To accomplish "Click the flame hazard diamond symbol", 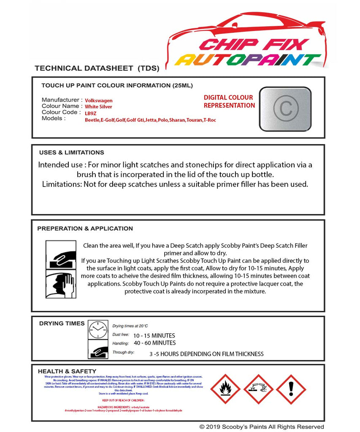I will [x=225, y=389].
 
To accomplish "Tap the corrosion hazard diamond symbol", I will [x=258, y=389].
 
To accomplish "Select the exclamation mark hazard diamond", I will [x=291, y=389].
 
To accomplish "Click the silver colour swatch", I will [x=285, y=108].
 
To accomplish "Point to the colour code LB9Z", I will [x=90, y=113].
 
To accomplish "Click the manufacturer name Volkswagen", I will [x=99, y=100].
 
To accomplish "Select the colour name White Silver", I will [x=98, y=107].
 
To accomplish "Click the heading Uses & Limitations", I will [x=71, y=152].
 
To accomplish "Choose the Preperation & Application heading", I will [x=85, y=228].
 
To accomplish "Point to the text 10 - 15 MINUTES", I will [x=154, y=335].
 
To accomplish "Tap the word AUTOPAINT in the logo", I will [x=248, y=60].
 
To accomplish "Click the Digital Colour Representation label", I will [x=229, y=101].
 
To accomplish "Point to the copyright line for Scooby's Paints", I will [x=262, y=427].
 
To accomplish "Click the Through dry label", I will [x=123, y=352].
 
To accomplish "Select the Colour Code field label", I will [x=60, y=112].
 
